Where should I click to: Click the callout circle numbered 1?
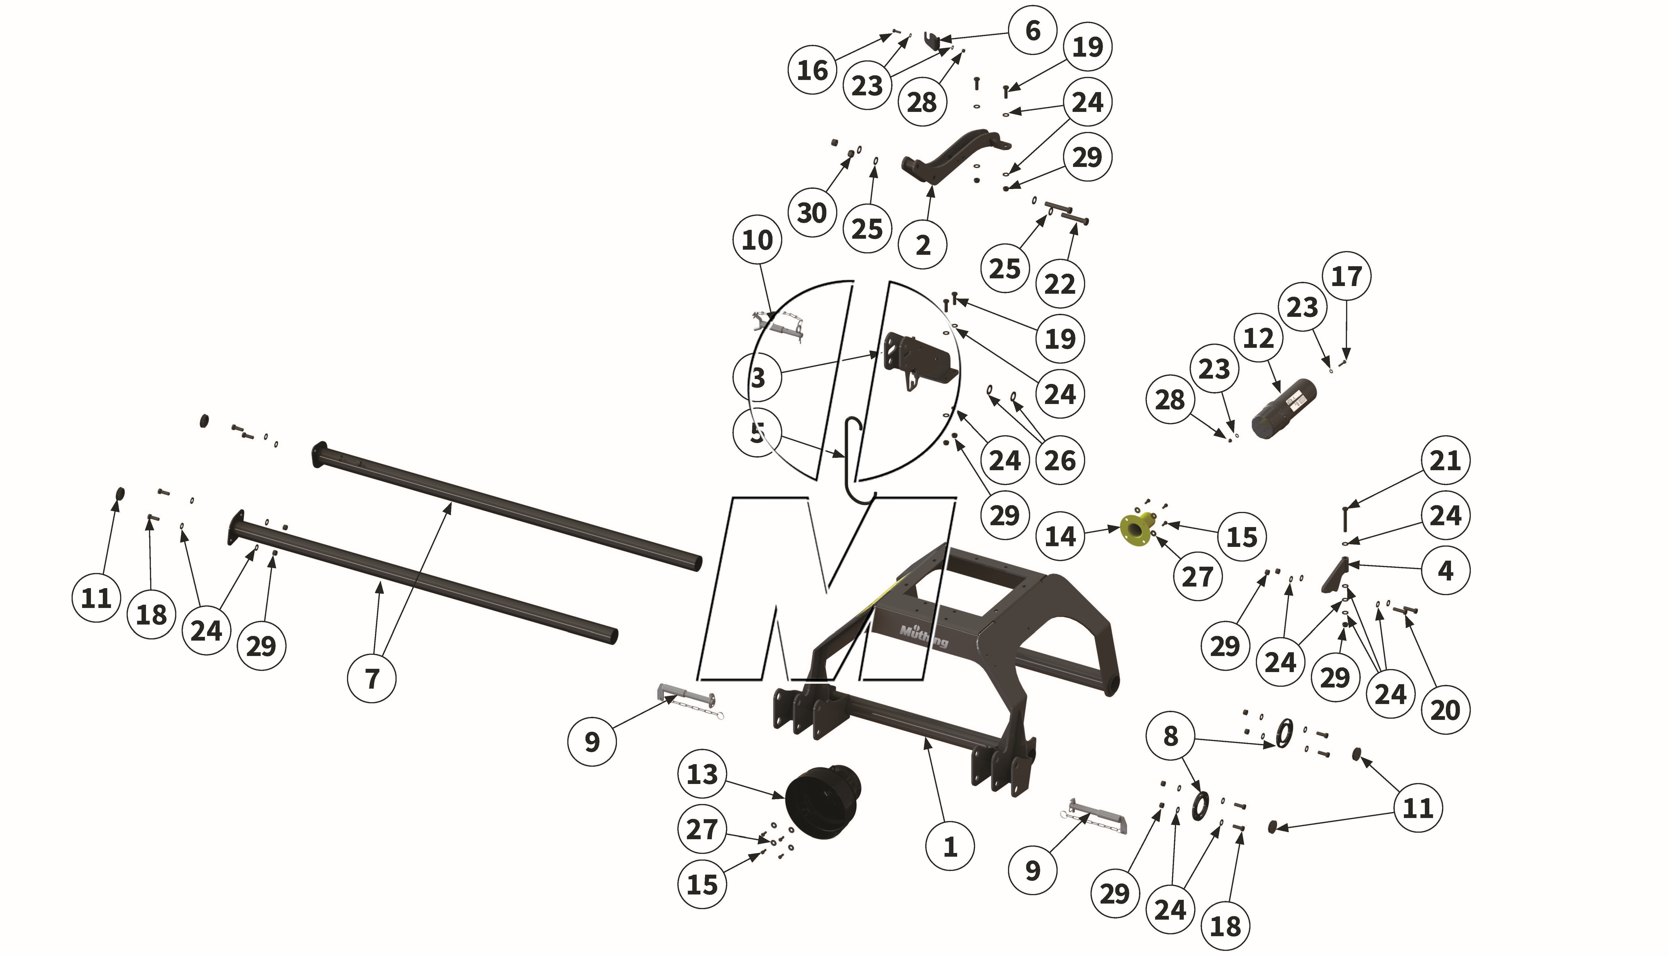[949, 847]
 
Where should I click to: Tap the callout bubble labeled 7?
[372, 678]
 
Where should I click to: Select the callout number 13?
[702, 774]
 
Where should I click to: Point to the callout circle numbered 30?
[811, 213]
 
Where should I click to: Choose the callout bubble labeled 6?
[1032, 30]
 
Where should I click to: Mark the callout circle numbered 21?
[1445, 460]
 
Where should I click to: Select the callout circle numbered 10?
[757, 240]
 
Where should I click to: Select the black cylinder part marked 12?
[1284, 410]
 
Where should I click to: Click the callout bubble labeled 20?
[1445, 710]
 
